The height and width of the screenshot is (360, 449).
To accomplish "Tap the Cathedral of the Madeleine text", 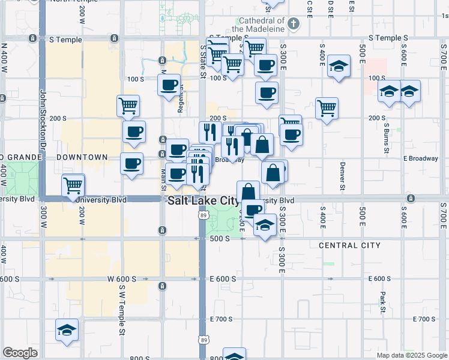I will tap(258, 25).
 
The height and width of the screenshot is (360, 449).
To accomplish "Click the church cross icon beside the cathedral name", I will tap(293, 24).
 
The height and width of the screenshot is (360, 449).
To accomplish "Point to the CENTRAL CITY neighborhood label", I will tap(349, 245).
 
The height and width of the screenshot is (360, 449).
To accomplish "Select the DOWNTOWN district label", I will tap(82, 157).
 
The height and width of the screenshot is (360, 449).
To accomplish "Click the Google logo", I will tap(20, 353).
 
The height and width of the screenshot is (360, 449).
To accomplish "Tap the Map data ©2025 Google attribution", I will tap(412, 355).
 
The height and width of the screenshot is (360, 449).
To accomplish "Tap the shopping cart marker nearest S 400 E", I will tap(327, 109).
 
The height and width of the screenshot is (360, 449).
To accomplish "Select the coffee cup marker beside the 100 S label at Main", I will tap(169, 84).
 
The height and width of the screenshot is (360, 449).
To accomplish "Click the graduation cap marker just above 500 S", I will tap(265, 225).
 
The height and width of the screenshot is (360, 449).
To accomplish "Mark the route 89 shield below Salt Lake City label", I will tap(202, 215).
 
